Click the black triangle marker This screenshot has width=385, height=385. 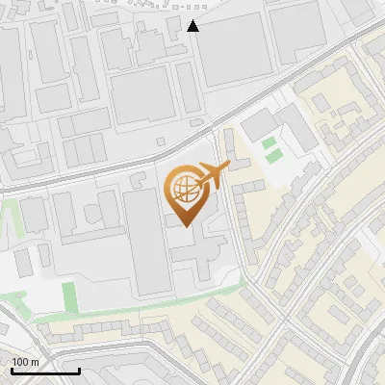pos(193,26)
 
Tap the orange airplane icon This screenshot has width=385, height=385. pos(213,176)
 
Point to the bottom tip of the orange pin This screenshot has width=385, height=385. pos(185,227)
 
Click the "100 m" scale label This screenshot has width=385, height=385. pos(26,362)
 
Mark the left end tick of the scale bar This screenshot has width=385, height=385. pos(11,371)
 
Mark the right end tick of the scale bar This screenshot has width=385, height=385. pos(79,371)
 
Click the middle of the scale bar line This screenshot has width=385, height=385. pos(44,372)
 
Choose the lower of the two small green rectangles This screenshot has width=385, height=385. pos(275,155)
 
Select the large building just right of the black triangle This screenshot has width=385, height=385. pos(236,48)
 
